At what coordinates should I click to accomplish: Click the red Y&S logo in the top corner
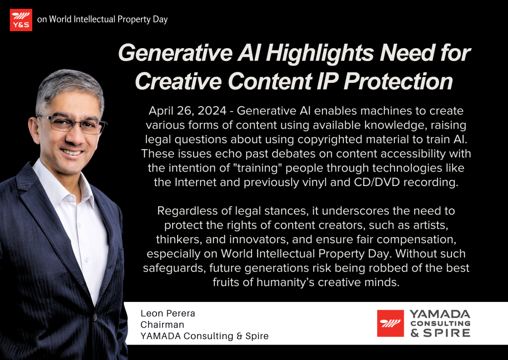tap(21, 20)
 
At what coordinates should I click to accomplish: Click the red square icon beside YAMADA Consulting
tap(390, 324)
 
